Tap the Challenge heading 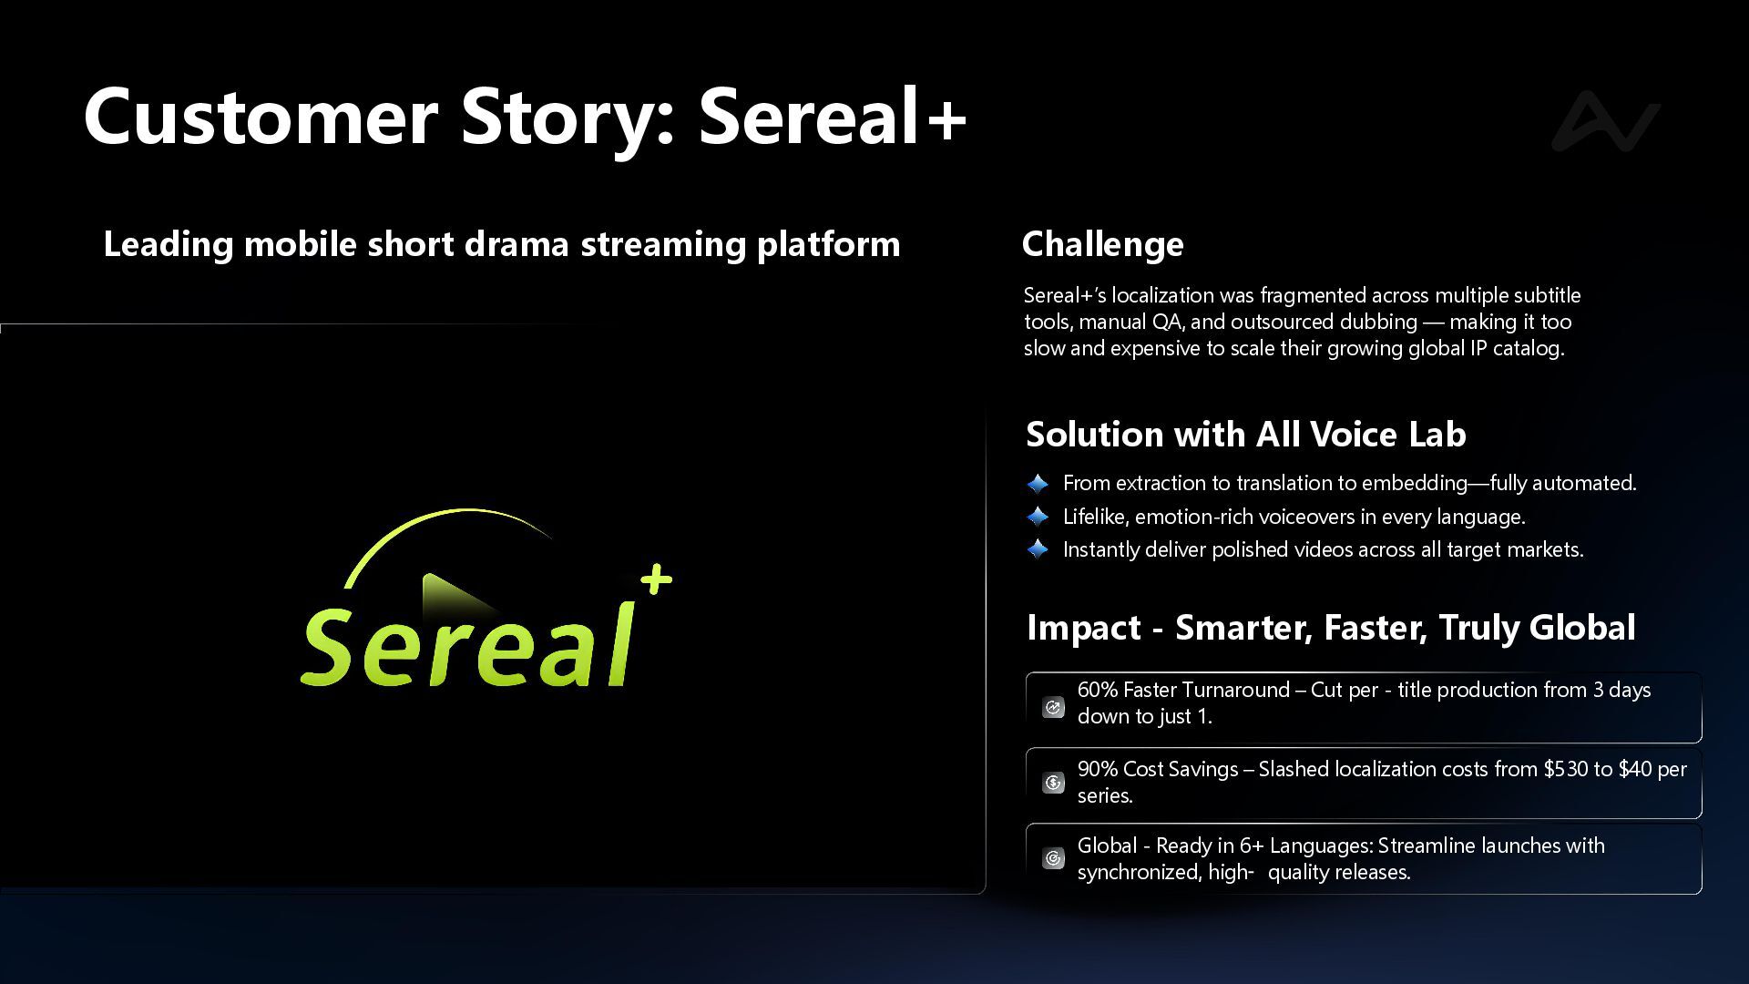[x=1102, y=244]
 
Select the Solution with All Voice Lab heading [x=1246, y=434]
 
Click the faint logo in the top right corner [x=1606, y=120]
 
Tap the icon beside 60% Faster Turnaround [x=1053, y=707]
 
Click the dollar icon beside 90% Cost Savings [x=1053, y=783]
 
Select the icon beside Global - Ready [x=1053, y=858]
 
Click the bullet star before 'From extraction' [x=1038, y=483]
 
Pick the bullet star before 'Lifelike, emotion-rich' [x=1038, y=517]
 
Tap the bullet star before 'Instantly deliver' [x=1038, y=549]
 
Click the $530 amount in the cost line [x=1565, y=769]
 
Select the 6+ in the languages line [x=1252, y=846]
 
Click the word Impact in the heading [x=1084, y=628]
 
